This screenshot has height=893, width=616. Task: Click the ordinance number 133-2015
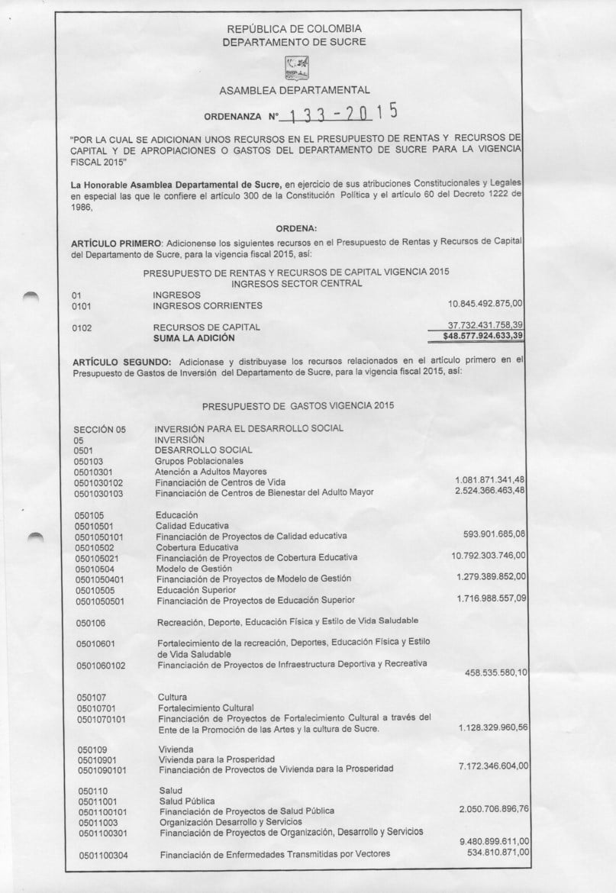[340, 114]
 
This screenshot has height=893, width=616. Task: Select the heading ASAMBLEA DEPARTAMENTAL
[294, 91]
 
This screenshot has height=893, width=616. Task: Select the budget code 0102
[81, 327]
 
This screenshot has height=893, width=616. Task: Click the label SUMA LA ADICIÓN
[194, 337]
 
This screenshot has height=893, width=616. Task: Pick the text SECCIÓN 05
[99, 429]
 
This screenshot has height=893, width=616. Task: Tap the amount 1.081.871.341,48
[490, 479]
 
